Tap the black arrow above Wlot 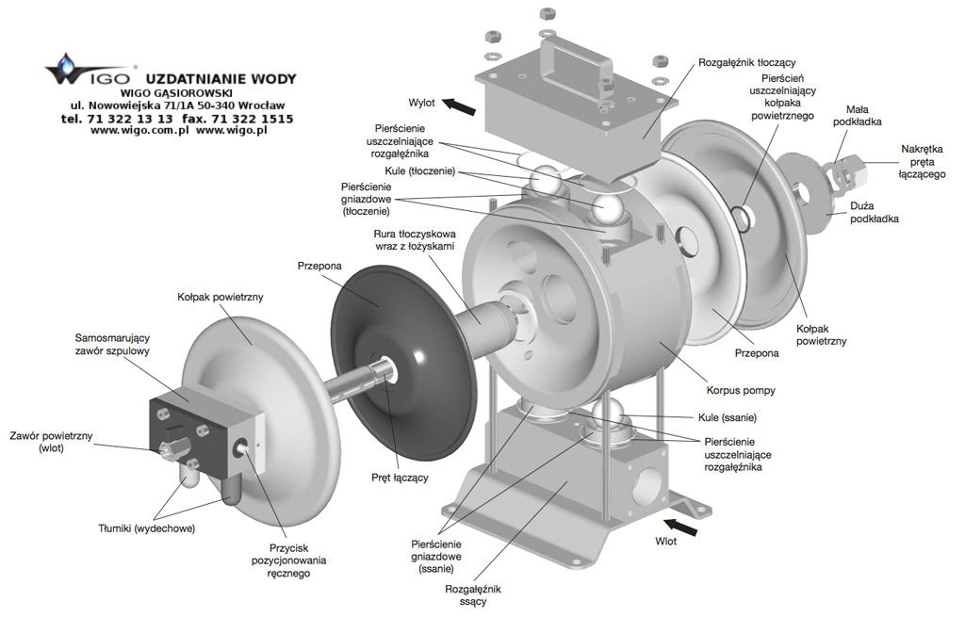(682, 527)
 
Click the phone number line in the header (176, 119)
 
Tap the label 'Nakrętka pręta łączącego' (922, 161)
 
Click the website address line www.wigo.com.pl (178, 131)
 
